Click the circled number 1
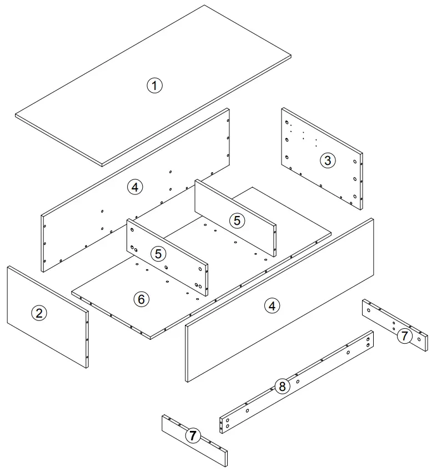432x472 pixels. point(154,86)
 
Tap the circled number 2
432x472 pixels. point(39,313)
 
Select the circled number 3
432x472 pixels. point(328,160)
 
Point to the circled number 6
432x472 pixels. point(141,299)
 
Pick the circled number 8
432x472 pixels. point(282,386)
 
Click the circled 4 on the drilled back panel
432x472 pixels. point(135,187)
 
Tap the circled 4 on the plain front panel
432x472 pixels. point(272,306)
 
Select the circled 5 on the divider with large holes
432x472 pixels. point(158,254)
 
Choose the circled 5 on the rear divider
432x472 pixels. point(237,220)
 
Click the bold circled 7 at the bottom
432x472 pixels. point(193,435)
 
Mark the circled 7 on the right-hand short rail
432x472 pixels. point(404,335)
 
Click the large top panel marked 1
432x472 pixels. point(153,86)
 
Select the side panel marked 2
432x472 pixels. point(48,317)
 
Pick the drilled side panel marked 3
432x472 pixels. point(322,159)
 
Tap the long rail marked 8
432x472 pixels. point(297,381)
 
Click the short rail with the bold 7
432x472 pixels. point(194,440)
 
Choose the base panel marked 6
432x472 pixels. point(201,263)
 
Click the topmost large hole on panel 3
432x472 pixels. point(287,122)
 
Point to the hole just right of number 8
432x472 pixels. point(298,381)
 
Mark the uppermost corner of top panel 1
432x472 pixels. point(204,5)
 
